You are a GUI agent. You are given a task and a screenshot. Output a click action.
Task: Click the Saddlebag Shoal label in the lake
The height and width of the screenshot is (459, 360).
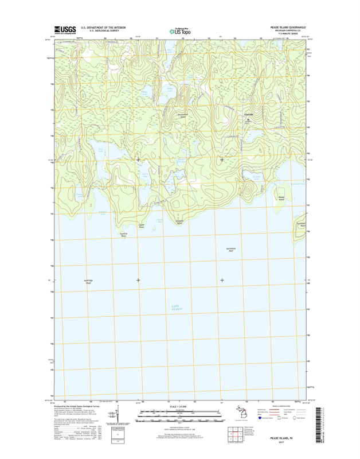(x=89, y=281)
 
